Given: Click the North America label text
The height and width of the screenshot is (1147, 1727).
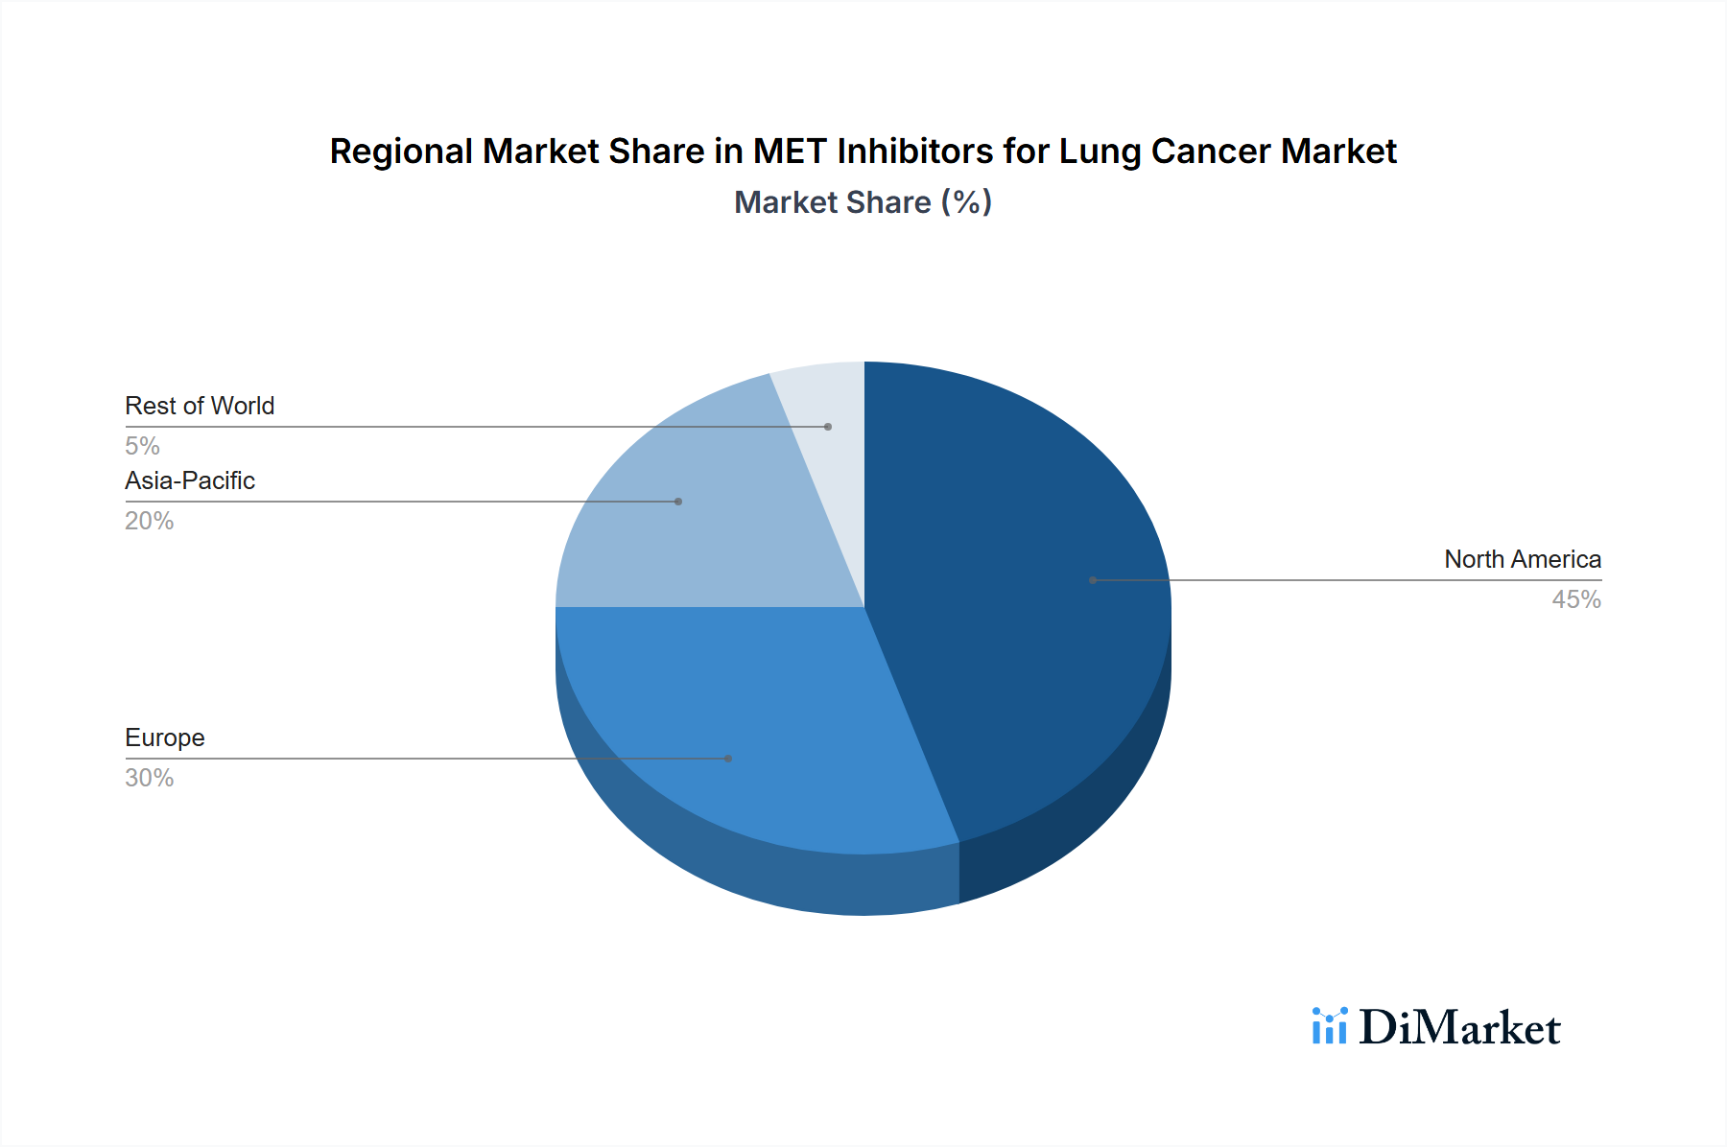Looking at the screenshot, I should coord(1522,559).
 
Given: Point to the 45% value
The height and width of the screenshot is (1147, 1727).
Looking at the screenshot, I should coord(1575,599).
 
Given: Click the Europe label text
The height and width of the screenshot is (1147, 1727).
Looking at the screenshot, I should coord(165,737).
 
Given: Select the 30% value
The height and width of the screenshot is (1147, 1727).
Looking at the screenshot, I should coord(150,778).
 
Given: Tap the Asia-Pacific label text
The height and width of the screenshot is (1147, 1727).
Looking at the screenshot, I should coord(190,480).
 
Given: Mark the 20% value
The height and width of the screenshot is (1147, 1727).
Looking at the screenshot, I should coord(150,521).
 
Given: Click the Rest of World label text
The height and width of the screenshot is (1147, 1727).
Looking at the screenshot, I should coord(200,406).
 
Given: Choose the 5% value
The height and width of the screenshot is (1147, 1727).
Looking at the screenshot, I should coord(142,446).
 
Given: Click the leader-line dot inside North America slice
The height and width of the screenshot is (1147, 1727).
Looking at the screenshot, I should coord(1093,580).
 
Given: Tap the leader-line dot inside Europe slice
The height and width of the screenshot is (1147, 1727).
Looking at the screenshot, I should coord(728,759).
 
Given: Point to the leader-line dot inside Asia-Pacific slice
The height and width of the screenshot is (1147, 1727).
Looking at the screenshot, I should coord(678,502).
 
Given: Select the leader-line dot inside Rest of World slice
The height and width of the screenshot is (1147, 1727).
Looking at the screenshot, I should coord(828,427).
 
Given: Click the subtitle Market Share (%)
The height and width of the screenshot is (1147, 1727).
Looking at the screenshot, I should coord(863,202).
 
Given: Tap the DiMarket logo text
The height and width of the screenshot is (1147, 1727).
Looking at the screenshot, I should coord(1458,1028).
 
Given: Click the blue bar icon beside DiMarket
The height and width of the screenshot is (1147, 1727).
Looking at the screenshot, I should coord(1330,1026).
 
